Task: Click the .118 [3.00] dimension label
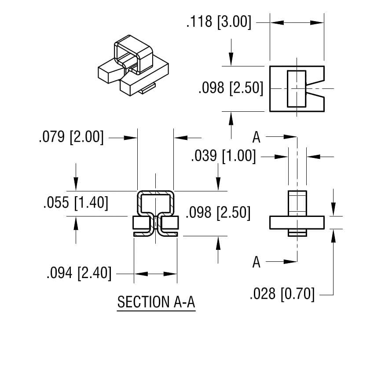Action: [x=219, y=22]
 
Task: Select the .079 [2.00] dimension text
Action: [x=71, y=137]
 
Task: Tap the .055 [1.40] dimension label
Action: [x=76, y=203]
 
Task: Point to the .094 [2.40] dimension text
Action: [x=79, y=273]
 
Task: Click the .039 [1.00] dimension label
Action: [x=223, y=156]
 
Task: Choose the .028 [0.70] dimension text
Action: [x=282, y=293]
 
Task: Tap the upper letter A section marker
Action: [x=257, y=137]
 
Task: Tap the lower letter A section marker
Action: [x=257, y=262]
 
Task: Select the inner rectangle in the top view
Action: [x=296, y=88]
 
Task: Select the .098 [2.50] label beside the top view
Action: [x=231, y=88]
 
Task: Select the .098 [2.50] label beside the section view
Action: [x=218, y=213]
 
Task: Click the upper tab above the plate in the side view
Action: [x=297, y=203]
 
